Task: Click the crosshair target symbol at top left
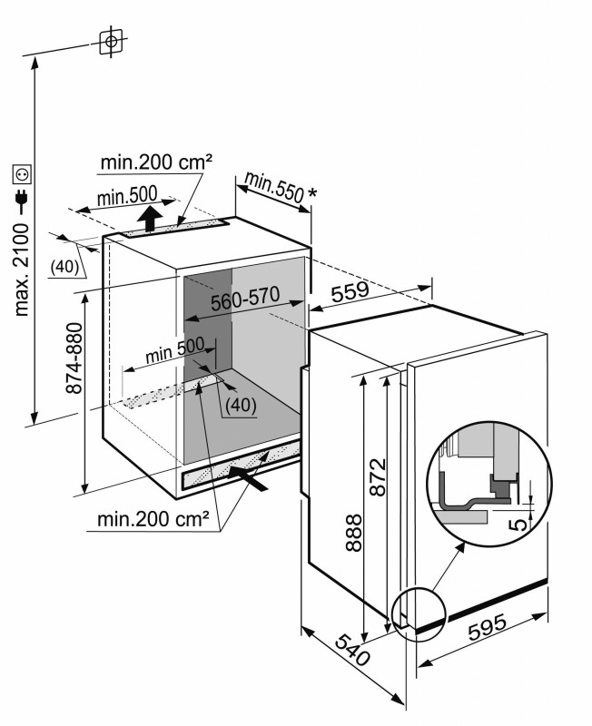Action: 111,42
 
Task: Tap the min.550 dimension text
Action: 272,186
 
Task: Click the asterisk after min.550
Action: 312,194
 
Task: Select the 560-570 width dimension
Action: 245,303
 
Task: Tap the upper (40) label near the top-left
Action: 63,266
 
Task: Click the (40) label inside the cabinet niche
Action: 240,404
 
